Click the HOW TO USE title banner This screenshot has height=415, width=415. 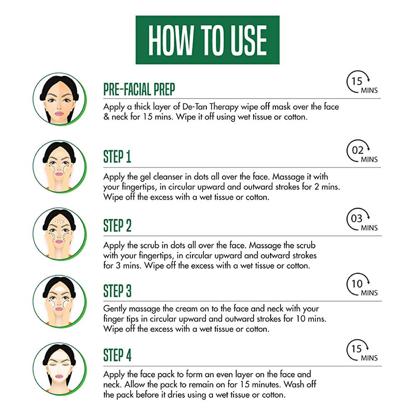point(207,40)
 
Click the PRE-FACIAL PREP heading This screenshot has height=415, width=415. point(139,89)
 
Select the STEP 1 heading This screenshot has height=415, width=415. point(117,157)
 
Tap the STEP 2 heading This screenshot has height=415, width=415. point(117,226)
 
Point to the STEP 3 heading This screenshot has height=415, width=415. point(117,291)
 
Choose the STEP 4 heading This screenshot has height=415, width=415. point(117,355)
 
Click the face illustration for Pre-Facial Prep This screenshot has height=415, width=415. point(59,99)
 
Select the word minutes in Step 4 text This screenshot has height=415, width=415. point(268,385)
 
